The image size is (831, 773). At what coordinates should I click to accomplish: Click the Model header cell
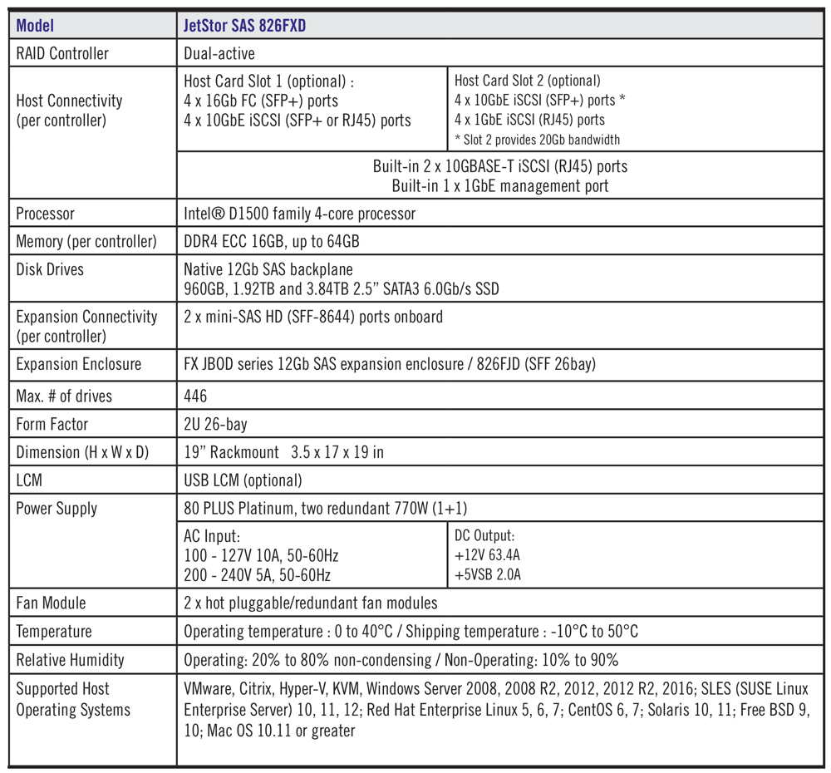tap(35, 26)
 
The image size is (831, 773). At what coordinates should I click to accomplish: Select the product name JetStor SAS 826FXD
tap(244, 26)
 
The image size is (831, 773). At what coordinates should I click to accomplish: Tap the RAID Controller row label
tap(62, 53)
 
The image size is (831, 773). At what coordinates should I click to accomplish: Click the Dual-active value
tap(219, 53)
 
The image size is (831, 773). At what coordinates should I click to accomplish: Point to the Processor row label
tap(45, 214)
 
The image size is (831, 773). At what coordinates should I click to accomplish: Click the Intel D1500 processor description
tap(299, 214)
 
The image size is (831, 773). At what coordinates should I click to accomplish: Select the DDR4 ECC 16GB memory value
tap(271, 242)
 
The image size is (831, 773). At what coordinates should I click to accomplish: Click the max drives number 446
tap(195, 396)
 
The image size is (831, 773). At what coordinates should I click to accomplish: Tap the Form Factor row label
tap(52, 424)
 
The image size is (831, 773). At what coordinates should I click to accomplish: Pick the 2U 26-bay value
tap(215, 424)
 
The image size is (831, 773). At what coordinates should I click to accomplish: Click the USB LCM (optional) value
tap(243, 480)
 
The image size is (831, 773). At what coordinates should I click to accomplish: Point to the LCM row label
tap(31, 480)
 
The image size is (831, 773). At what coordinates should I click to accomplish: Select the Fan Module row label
tap(51, 603)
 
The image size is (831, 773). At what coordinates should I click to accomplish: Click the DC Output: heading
tap(484, 536)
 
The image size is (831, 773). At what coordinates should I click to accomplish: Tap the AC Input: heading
tap(211, 537)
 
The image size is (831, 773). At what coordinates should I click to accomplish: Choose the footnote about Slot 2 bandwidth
tap(537, 140)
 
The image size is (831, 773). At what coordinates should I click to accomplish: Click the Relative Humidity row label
tap(70, 660)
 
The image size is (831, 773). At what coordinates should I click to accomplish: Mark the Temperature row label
tap(54, 632)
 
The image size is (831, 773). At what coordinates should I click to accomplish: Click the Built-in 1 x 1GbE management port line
tap(500, 185)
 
